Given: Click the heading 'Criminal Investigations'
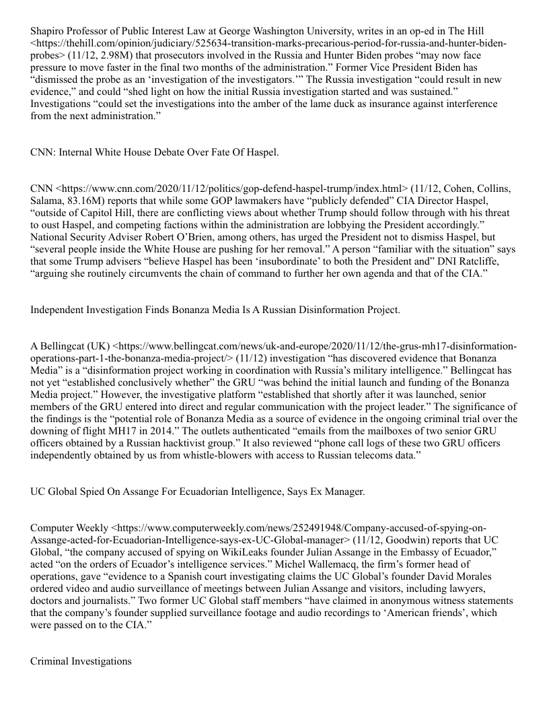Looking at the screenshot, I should click(81, 661).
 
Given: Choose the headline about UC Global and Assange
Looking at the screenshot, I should click(198, 492).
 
